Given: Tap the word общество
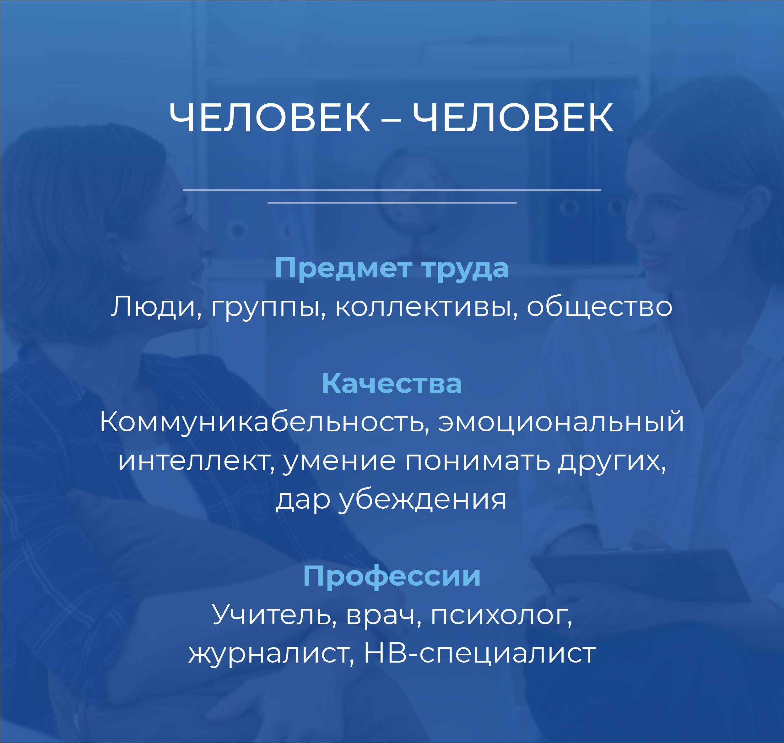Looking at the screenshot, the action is [599, 307].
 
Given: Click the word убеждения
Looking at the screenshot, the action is [422, 500].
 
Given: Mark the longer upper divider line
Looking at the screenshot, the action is [392, 190].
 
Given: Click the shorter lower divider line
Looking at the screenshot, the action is [392, 202].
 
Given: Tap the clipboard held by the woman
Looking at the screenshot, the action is [641, 576].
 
